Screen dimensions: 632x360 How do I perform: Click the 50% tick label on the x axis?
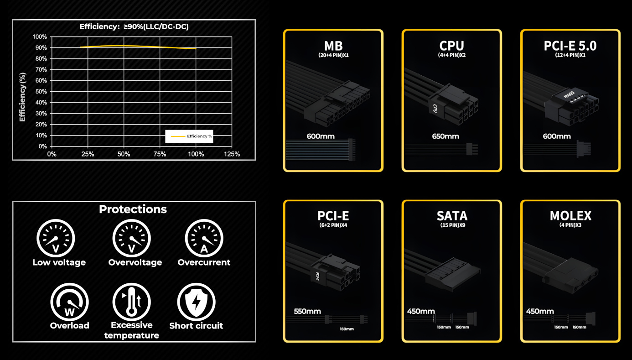(x=124, y=154)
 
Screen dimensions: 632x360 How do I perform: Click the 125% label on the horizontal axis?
(x=232, y=154)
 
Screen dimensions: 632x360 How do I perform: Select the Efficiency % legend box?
(x=189, y=136)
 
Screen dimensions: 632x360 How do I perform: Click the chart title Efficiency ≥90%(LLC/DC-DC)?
(x=134, y=26)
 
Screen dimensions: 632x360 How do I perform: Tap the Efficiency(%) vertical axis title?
(x=22, y=97)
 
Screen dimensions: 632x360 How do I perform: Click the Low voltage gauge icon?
(x=56, y=238)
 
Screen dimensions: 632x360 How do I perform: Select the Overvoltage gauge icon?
(x=131, y=238)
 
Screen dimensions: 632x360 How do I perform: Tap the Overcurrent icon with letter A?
(x=204, y=238)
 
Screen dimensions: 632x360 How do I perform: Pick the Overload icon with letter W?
(x=69, y=302)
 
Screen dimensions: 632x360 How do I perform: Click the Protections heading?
(x=133, y=209)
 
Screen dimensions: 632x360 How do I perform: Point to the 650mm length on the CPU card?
(x=446, y=136)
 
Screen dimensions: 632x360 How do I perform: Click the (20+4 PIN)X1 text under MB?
(x=333, y=55)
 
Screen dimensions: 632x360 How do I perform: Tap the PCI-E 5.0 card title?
(x=570, y=46)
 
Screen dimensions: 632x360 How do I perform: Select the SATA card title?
(x=452, y=216)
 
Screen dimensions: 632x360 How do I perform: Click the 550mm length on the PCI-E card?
(x=307, y=312)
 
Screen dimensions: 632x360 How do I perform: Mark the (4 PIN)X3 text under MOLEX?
(x=570, y=225)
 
